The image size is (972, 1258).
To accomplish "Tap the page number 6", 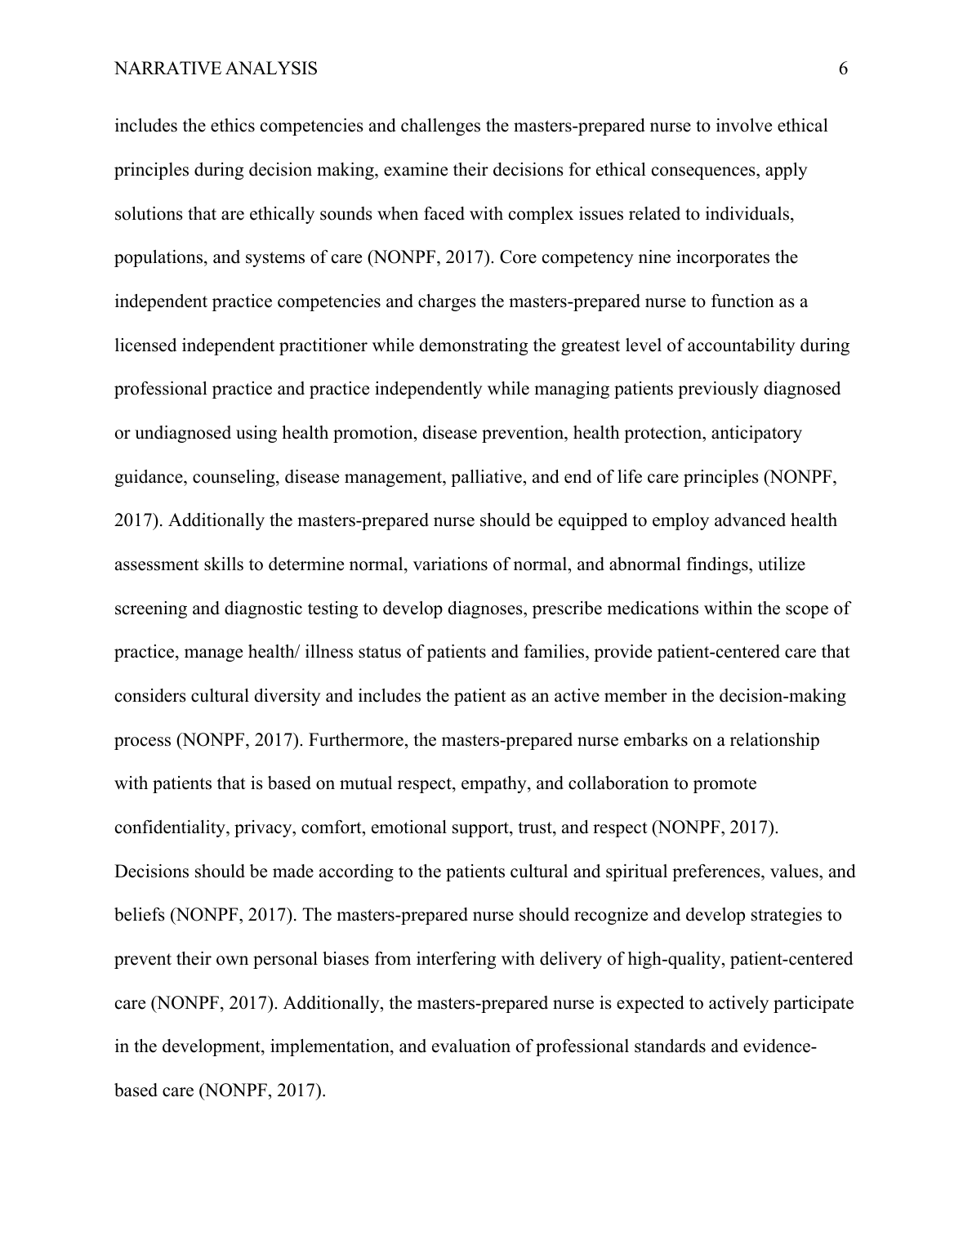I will (843, 69).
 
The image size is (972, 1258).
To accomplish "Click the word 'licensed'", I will (145, 346).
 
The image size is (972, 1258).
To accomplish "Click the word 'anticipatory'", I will (756, 433).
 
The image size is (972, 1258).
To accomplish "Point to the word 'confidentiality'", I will (171, 828).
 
